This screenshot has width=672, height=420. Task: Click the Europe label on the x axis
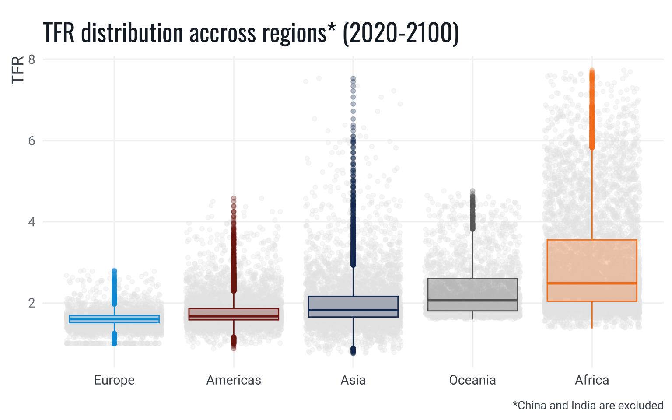(x=114, y=380)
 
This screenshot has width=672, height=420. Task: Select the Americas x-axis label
(x=234, y=380)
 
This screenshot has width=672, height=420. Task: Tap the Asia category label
(x=353, y=380)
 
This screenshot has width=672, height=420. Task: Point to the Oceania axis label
(x=472, y=380)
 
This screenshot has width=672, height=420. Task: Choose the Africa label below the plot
(x=592, y=380)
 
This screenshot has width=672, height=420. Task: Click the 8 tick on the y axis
(x=31, y=59)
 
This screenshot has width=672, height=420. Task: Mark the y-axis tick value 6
(x=31, y=141)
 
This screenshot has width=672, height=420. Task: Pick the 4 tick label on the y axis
(x=31, y=222)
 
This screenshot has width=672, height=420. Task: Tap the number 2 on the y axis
(x=31, y=303)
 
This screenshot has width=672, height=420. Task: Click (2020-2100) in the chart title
(x=401, y=33)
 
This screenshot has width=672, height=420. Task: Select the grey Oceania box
(x=472, y=289)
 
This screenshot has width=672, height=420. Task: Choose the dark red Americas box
(x=234, y=311)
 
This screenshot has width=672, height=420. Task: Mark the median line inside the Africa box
(x=592, y=283)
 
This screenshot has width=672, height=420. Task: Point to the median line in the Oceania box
(x=472, y=300)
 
